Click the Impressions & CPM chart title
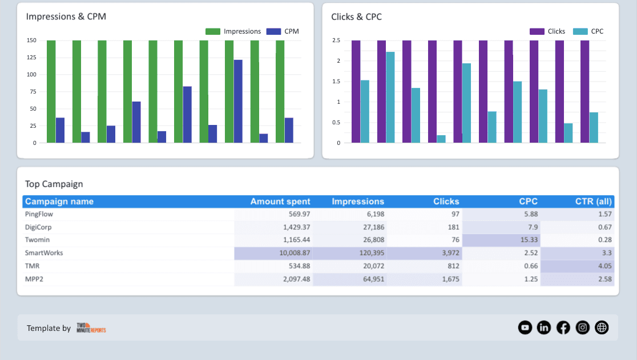(66, 17)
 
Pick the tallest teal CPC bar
(390, 98)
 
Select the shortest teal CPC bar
(441, 139)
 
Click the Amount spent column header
(280, 201)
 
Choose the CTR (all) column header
(594, 201)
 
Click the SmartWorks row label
(44, 253)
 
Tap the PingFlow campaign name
(39, 214)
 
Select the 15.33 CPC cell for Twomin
(527, 240)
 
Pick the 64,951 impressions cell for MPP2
(371, 279)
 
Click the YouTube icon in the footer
(525, 327)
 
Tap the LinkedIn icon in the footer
(544, 327)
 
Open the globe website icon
(602, 327)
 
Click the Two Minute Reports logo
(91, 328)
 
